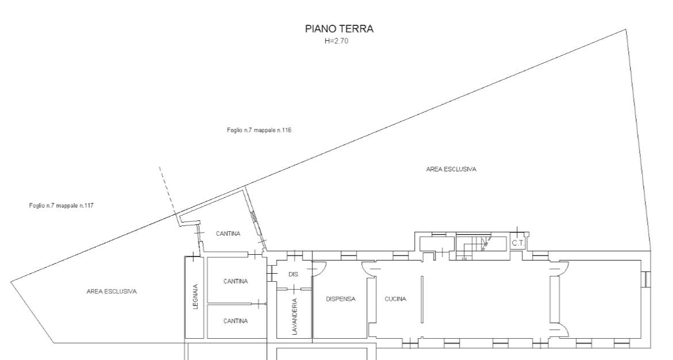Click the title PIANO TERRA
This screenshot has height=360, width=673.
(339, 29)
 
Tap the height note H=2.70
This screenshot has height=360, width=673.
(336, 41)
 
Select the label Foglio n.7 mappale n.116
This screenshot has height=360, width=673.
(259, 130)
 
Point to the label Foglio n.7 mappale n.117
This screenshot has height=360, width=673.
(62, 205)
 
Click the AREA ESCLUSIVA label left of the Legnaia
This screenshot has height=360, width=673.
(112, 292)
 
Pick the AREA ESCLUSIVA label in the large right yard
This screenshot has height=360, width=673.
(451, 169)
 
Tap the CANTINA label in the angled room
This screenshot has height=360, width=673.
(228, 234)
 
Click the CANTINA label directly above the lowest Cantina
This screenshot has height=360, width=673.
(236, 281)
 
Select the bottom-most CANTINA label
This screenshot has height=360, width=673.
(236, 321)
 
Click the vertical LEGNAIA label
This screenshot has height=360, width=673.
(196, 297)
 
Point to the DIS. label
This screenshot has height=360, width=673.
(293, 274)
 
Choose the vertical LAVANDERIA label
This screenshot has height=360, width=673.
(295, 317)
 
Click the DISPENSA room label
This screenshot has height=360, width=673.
(341, 299)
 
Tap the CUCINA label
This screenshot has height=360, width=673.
(395, 299)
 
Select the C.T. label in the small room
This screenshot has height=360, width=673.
(518, 243)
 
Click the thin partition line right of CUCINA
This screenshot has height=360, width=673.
(422, 299)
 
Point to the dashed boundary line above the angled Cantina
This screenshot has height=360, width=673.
(167, 190)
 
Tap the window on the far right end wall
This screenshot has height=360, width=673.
(646, 279)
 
